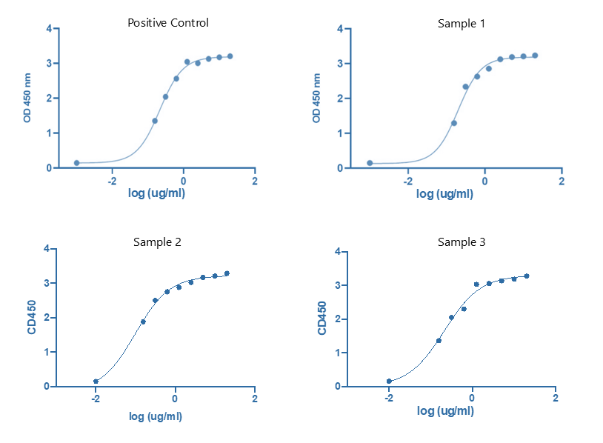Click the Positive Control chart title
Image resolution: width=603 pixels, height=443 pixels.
(x=167, y=23)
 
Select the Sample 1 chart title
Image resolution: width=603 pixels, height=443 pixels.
(x=462, y=24)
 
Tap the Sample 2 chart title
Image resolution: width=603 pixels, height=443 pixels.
(x=157, y=242)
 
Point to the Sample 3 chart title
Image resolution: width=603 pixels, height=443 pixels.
(x=462, y=242)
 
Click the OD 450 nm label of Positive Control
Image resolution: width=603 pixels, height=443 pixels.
(x=27, y=98)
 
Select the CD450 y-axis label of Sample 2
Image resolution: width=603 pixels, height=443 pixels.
(x=32, y=317)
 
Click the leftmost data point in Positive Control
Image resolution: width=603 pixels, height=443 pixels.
(x=76, y=162)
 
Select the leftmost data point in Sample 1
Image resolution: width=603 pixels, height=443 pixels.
(x=370, y=162)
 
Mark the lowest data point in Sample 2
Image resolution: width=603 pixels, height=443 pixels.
(x=96, y=381)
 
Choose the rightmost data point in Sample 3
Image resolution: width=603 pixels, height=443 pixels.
(x=527, y=276)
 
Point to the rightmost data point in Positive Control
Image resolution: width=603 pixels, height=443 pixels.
(x=230, y=56)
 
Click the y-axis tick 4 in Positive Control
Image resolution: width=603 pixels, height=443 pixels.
(x=49, y=29)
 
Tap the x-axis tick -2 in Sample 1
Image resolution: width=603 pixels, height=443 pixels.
(x=407, y=180)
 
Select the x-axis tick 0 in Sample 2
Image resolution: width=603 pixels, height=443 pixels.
(x=176, y=399)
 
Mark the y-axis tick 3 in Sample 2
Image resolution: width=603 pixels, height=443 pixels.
(x=47, y=283)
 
